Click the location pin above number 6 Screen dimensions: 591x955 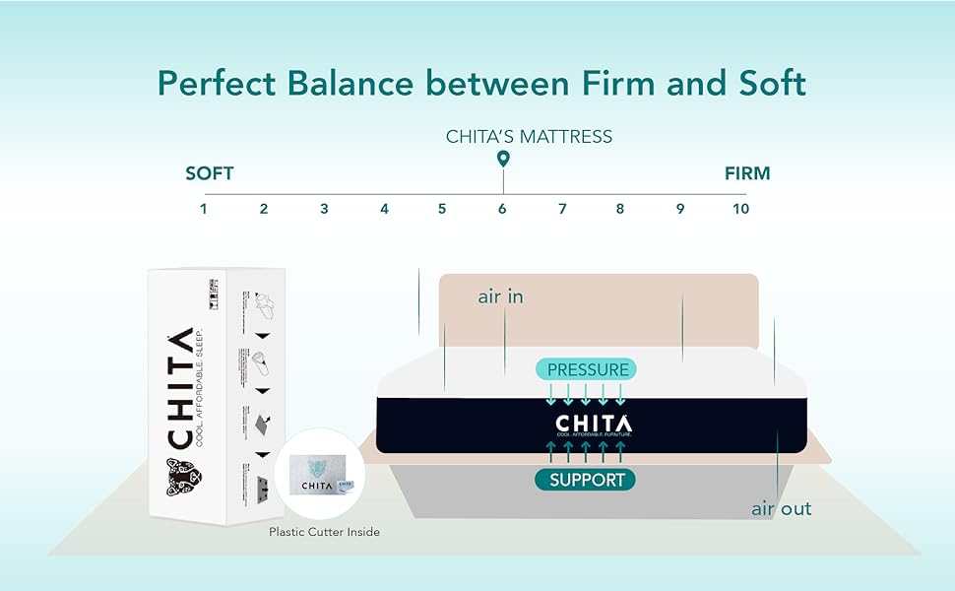[503, 159]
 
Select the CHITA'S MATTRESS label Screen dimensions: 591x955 [529, 136]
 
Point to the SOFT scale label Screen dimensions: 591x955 [210, 173]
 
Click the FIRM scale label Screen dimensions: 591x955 [747, 173]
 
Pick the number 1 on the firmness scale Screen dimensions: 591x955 [204, 209]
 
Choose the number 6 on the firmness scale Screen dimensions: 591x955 [502, 209]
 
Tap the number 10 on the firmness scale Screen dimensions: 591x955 [740, 209]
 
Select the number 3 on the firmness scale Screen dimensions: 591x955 [324, 209]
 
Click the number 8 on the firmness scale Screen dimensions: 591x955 [620, 209]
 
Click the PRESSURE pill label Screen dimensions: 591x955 [587, 369]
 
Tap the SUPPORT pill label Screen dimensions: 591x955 [587, 481]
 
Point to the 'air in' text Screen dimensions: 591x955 [500, 296]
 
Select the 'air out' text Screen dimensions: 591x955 [782, 508]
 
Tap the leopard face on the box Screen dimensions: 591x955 [184, 479]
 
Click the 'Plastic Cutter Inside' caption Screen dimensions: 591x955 [324, 532]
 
